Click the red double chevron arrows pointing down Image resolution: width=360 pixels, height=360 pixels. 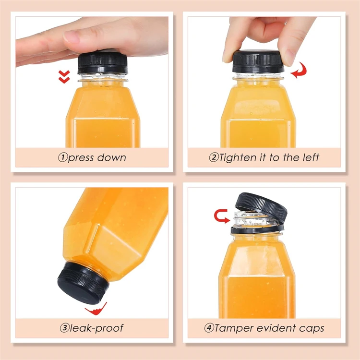pos(64,77)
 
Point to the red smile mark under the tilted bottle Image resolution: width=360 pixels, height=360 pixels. pos(96,309)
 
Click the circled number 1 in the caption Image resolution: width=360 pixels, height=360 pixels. pos(63,157)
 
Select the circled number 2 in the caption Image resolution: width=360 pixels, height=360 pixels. pos(214,157)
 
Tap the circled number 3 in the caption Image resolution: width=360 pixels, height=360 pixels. pos(64,328)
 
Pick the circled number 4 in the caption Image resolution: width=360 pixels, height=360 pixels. pos(209,328)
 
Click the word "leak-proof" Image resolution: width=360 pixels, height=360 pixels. pos(96,328)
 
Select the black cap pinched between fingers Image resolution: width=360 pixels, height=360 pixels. pos(258,61)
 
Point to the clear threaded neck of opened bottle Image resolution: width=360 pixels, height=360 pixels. pos(249,220)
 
